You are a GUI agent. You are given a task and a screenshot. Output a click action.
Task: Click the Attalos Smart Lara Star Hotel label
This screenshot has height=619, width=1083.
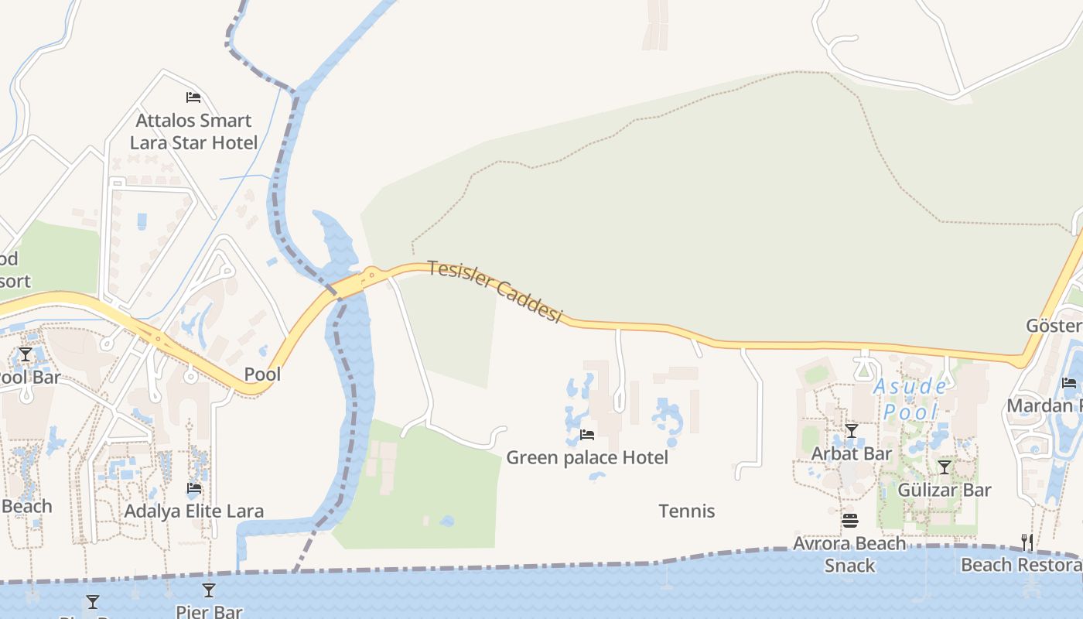pos(193,132)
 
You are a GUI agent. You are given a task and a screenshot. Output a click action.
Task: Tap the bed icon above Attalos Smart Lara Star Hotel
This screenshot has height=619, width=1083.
pos(193,97)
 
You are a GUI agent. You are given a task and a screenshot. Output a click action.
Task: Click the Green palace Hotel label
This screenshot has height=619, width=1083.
pos(587,457)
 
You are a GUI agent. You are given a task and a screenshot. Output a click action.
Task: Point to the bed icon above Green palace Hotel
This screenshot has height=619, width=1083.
pos(587,435)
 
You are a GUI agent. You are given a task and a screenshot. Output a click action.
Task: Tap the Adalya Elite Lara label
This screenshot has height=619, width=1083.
pos(194,511)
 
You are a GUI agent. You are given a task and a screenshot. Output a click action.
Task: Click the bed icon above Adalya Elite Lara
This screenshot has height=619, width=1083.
pos(194,488)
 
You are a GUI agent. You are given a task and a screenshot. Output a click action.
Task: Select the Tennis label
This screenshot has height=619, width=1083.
pos(687,511)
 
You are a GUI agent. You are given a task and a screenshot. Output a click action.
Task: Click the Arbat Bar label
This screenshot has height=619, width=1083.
pos(852,453)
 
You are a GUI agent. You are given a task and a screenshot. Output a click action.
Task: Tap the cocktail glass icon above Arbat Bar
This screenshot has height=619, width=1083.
pos(852,431)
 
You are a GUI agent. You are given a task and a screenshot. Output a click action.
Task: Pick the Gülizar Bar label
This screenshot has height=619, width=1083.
pos(945,490)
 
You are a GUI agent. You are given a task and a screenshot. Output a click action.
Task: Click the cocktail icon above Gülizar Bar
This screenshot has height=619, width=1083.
pos(945,467)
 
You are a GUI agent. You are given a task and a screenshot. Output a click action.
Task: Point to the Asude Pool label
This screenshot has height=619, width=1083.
pos(910,398)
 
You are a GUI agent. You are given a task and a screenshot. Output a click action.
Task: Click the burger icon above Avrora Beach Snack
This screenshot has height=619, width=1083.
pos(850,521)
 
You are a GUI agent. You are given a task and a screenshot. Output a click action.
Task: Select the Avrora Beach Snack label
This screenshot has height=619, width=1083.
pos(849,554)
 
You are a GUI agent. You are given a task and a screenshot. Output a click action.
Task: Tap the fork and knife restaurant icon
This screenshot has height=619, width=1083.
pos(1027,542)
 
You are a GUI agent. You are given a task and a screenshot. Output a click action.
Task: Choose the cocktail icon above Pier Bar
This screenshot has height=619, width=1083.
pos(209,590)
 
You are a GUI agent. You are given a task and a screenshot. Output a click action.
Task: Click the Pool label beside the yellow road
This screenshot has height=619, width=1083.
pos(263,374)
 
